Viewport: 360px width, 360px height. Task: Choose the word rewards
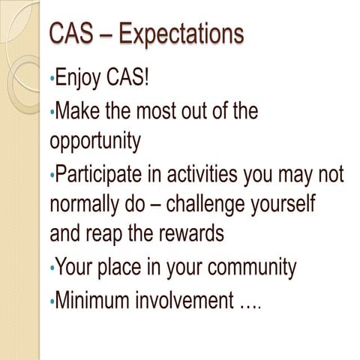pyautogui.click(x=190, y=233)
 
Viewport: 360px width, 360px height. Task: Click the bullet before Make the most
pyautogui.click(x=52, y=112)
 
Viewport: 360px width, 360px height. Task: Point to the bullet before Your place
pyautogui.click(x=52, y=268)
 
